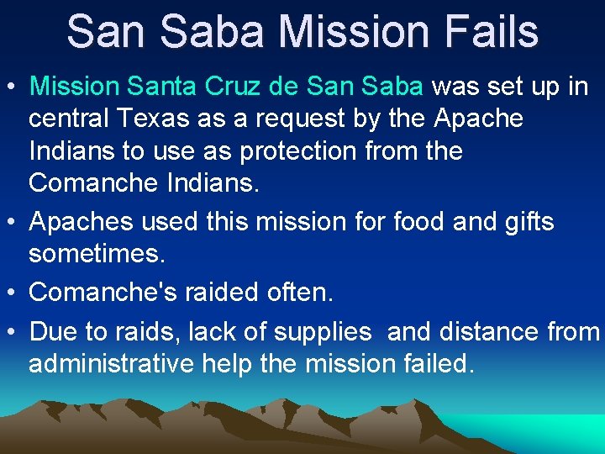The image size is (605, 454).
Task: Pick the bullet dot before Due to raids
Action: point(13,332)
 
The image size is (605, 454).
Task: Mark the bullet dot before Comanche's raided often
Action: point(13,292)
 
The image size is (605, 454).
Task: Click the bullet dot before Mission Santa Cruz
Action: point(13,87)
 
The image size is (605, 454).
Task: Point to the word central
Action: point(69,119)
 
